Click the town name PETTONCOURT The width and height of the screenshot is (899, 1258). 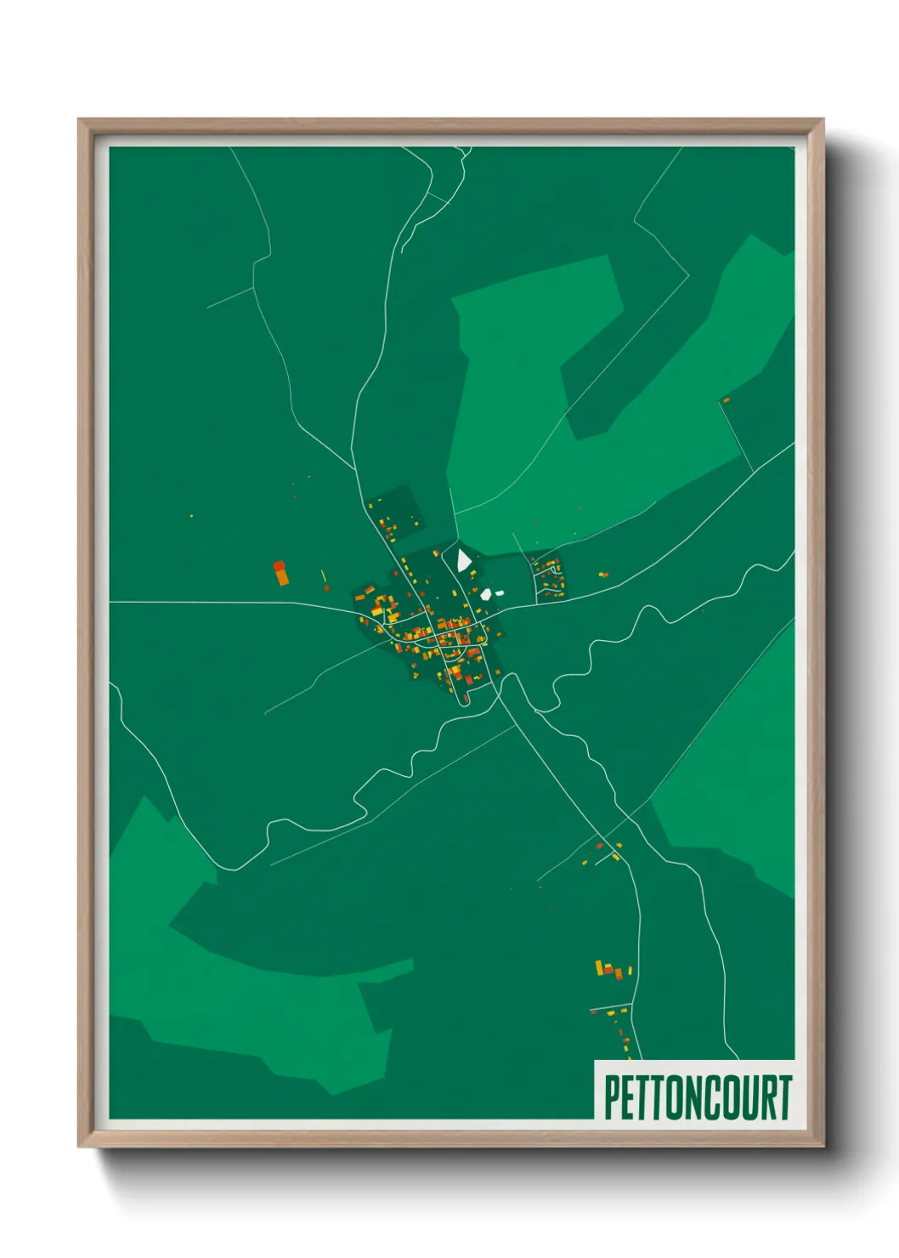[698, 1097]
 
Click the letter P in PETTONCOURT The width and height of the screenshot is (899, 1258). [611, 1097]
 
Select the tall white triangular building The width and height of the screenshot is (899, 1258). [463, 560]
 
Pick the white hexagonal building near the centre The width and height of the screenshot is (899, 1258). [486, 594]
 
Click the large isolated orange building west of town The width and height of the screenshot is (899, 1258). [280, 573]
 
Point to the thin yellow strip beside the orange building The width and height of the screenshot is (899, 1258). [323, 577]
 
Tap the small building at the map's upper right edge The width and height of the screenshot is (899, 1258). [726, 399]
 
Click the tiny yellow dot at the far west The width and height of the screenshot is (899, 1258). [192, 515]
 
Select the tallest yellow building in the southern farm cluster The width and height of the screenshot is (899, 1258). [599, 966]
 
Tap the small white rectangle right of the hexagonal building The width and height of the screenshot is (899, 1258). [500, 592]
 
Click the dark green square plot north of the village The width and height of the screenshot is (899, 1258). [395, 510]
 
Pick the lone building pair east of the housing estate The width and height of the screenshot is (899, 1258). [603, 575]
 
